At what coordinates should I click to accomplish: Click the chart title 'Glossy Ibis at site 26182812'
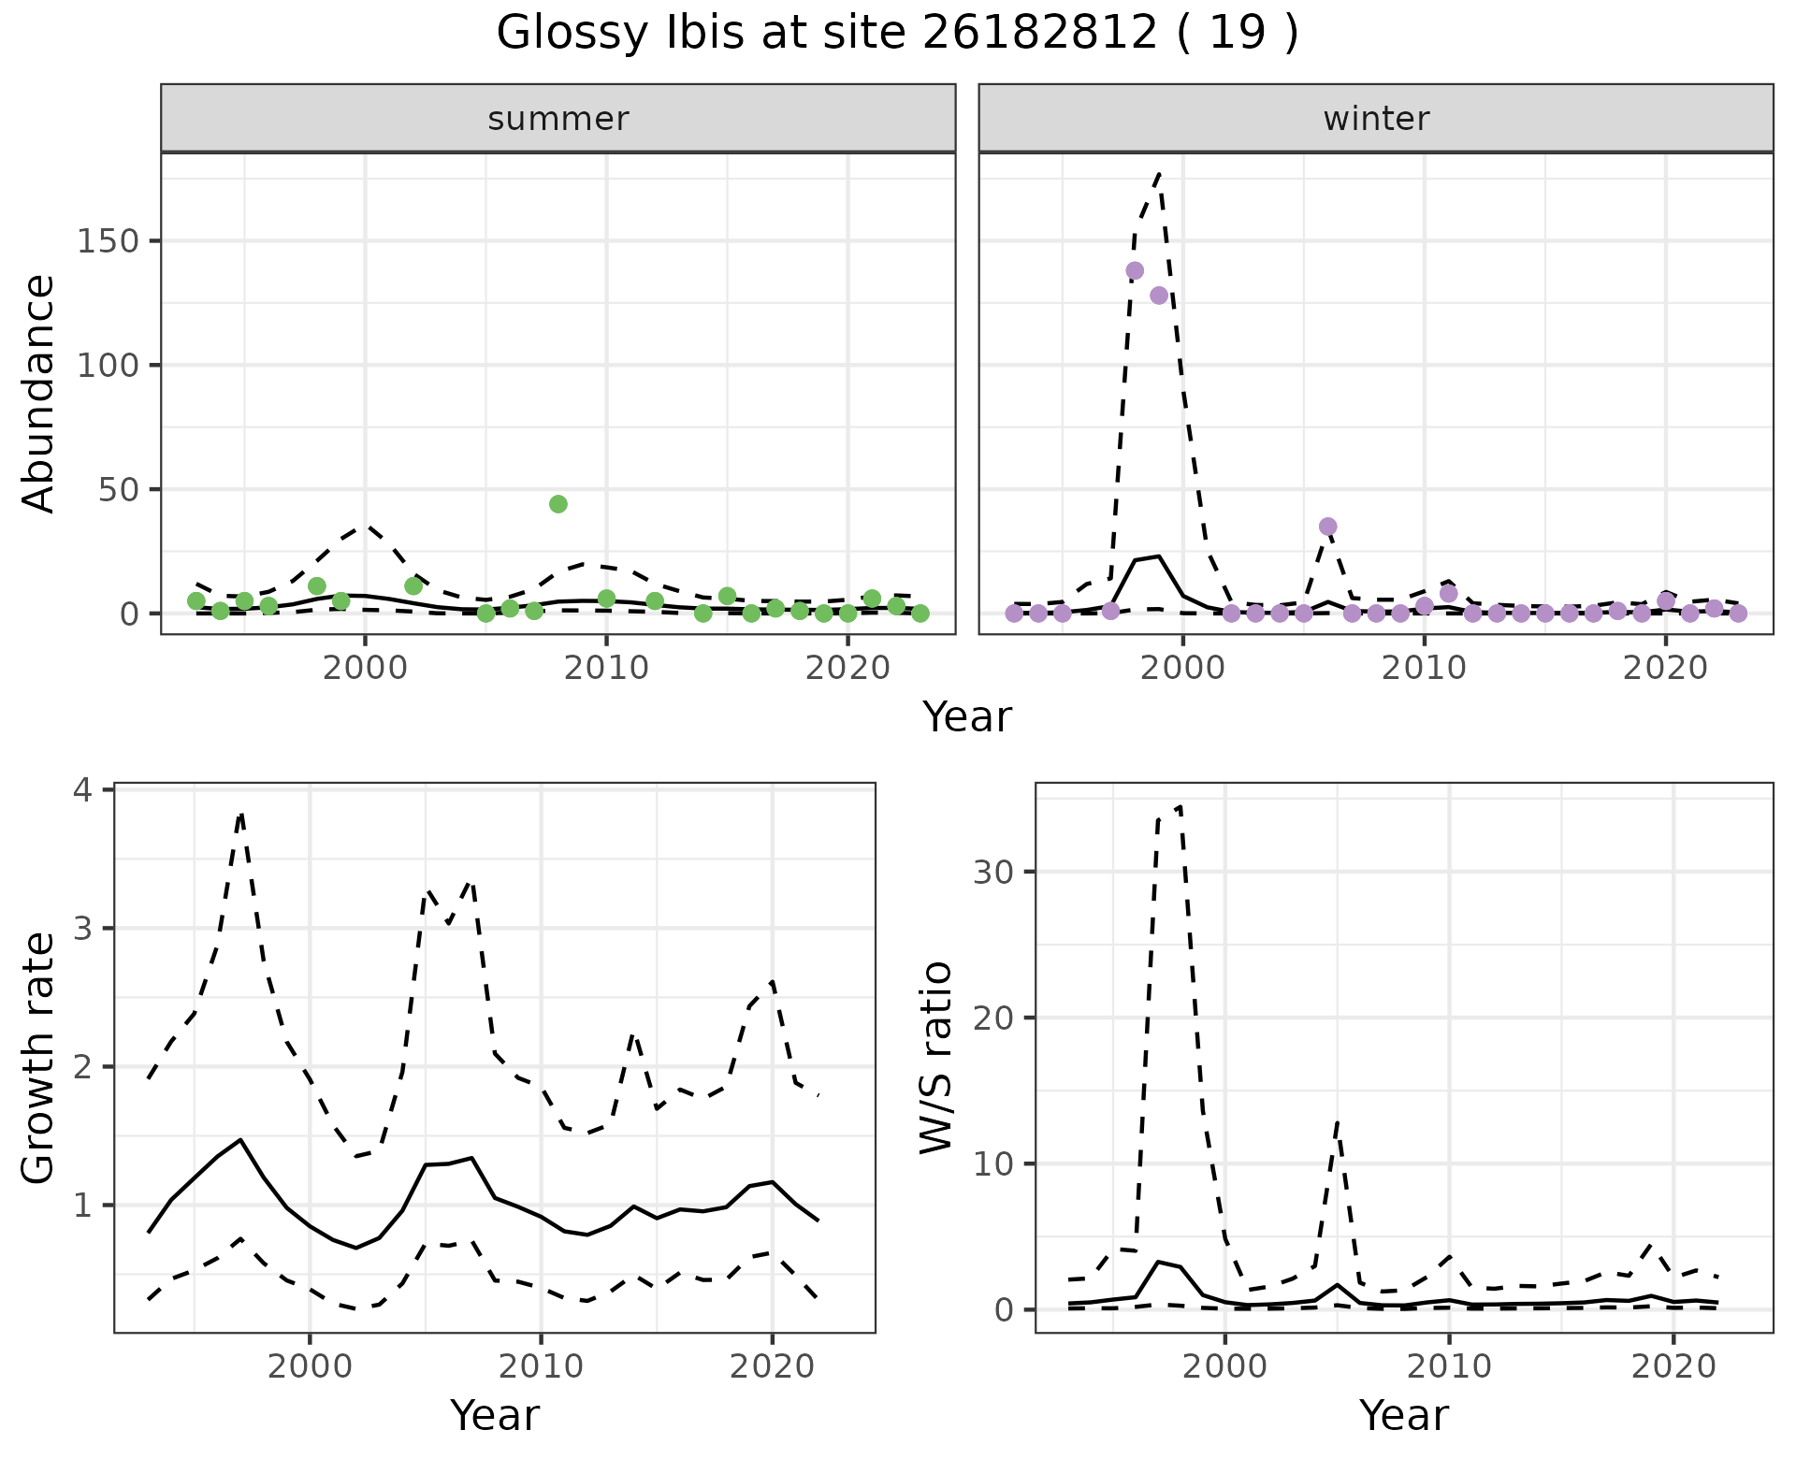pyautogui.click(x=896, y=34)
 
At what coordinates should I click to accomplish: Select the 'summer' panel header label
pyautogui.click(x=558, y=119)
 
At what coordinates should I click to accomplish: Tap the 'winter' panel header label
pyautogui.click(x=1376, y=119)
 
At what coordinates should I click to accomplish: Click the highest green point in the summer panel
pyautogui.click(x=558, y=504)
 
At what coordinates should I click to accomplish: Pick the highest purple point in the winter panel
pyautogui.click(x=1135, y=271)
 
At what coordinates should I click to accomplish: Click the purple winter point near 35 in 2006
pyautogui.click(x=1328, y=527)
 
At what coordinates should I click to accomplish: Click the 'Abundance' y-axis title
pyautogui.click(x=39, y=393)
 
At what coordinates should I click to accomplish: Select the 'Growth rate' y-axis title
pyautogui.click(x=39, y=1058)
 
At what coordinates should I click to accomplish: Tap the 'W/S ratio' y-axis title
pyautogui.click(x=936, y=1058)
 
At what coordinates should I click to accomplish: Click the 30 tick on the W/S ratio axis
pyautogui.click(x=994, y=873)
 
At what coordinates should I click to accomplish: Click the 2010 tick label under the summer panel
pyautogui.click(x=606, y=669)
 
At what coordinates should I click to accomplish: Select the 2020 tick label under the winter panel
pyautogui.click(x=1665, y=669)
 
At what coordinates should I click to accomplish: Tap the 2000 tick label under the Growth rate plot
pyautogui.click(x=310, y=1366)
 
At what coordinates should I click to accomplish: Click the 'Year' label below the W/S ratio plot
pyautogui.click(x=1404, y=1415)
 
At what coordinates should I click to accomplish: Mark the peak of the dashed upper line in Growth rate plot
pyautogui.click(x=241, y=814)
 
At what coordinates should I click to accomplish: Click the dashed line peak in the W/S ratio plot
pyautogui.click(x=1180, y=805)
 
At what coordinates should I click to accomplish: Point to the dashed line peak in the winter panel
pyautogui.click(x=1159, y=173)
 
